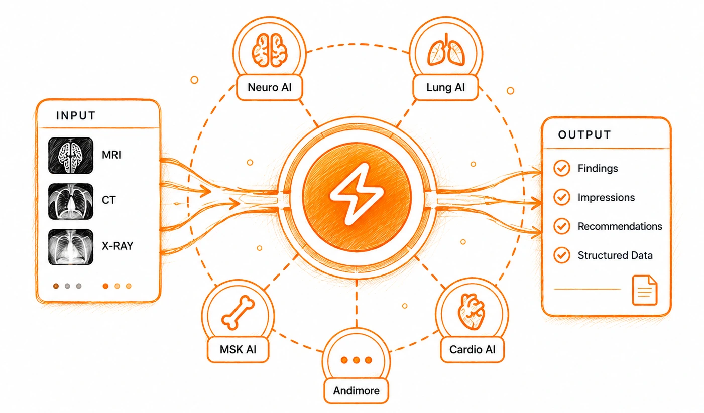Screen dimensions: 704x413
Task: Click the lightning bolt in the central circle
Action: click(x=357, y=194)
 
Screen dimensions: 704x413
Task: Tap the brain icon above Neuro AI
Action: click(x=269, y=51)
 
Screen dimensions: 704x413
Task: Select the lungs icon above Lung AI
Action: click(x=446, y=50)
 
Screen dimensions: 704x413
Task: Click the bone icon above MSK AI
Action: click(x=238, y=313)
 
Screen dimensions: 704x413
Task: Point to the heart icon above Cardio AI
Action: click(x=472, y=312)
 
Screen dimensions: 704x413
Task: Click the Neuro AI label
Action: click(x=269, y=87)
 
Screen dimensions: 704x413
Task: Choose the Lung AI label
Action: click(x=445, y=87)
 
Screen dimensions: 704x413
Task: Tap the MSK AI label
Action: click(x=238, y=350)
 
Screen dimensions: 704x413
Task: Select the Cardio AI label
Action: click(x=472, y=350)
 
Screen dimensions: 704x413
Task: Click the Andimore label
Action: click(x=356, y=391)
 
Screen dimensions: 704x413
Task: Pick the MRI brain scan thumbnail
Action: click(x=71, y=156)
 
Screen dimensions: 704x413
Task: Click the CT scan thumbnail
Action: click(x=71, y=201)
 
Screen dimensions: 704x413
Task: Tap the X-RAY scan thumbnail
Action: click(x=71, y=247)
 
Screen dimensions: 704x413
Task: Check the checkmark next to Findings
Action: click(x=561, y=168)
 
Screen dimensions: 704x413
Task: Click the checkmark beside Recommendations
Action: click(x=561, y=226)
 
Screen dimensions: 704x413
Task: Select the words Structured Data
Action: click(x=615, y=255)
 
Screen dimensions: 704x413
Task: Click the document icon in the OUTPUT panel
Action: click(x=645, y=290)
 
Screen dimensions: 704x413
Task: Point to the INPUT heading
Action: click(x=76, y=115)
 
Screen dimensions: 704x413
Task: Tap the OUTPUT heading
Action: click(x=584, y=134)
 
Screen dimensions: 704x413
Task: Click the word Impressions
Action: click(x=606, y=197)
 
